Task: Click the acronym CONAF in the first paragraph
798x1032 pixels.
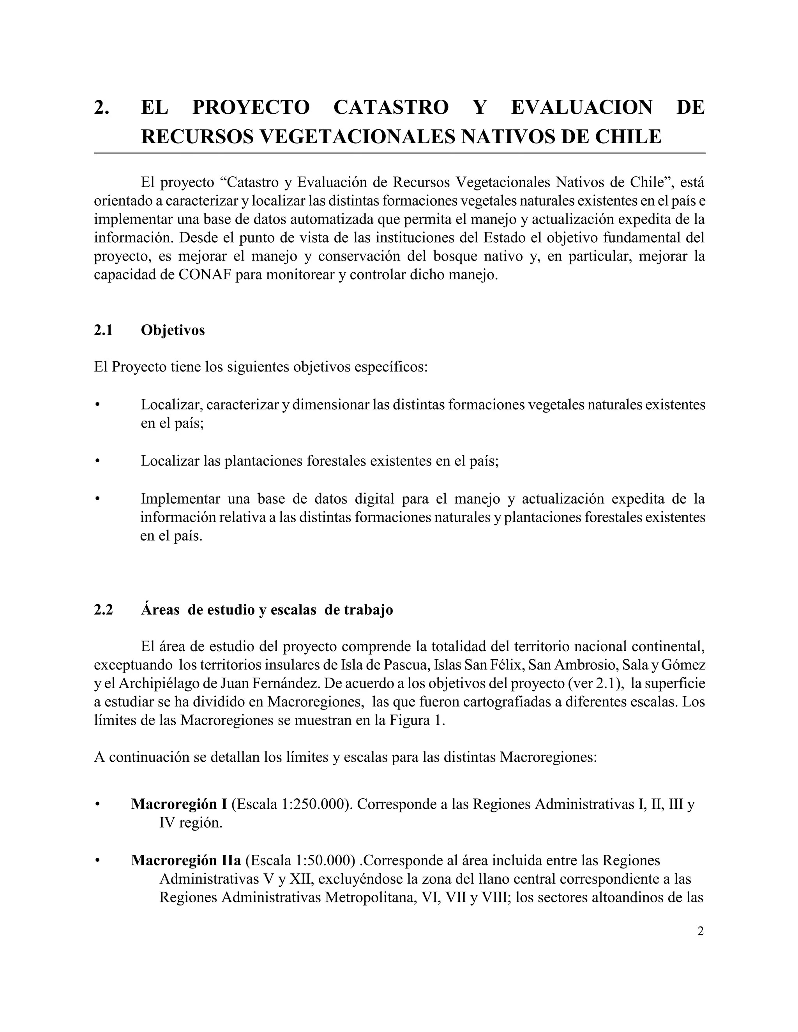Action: (204, 275)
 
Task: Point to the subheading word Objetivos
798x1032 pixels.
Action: (173, 330)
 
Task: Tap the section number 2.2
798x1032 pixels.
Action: (104, 610)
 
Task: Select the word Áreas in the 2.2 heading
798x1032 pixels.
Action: (160, 610)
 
